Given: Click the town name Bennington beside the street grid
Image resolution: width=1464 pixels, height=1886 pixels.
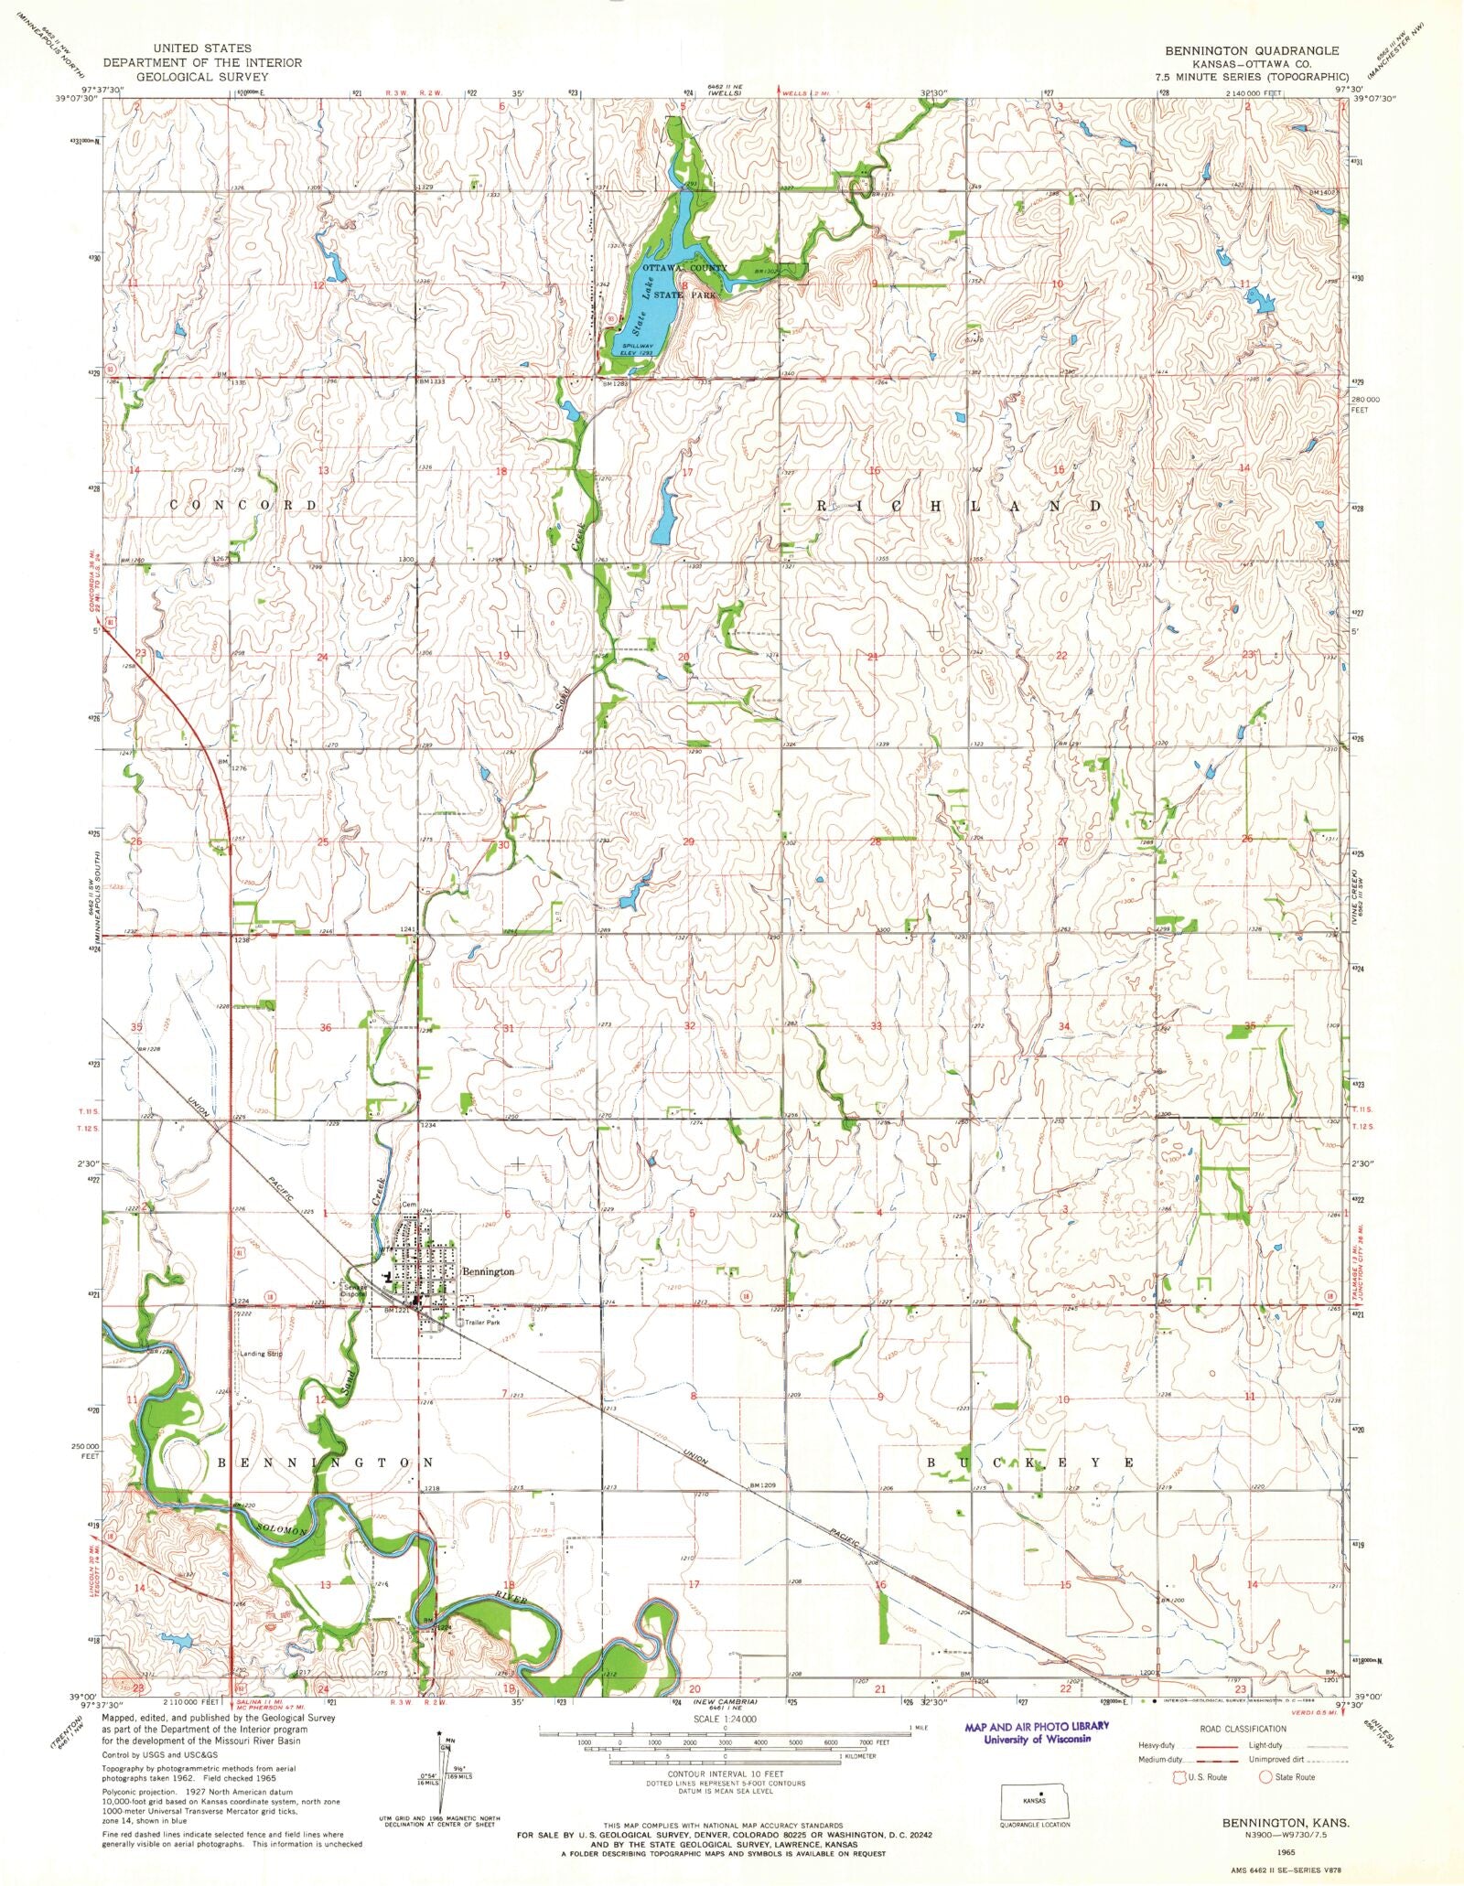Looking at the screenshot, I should pyautogui.click(x=488, y=1271).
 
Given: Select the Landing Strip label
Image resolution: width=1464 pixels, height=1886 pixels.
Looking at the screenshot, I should pyautogui.click(x=261, y=1353).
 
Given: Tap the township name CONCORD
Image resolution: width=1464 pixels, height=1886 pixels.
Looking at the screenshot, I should pyautogui.click(x=243, y=505).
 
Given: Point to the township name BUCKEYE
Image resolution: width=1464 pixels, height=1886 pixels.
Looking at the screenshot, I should pyautogui.click(x=1030, y=1463).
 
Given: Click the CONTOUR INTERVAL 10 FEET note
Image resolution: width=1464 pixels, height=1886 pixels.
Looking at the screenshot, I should pyautogui.click(x=726, y=1772).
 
